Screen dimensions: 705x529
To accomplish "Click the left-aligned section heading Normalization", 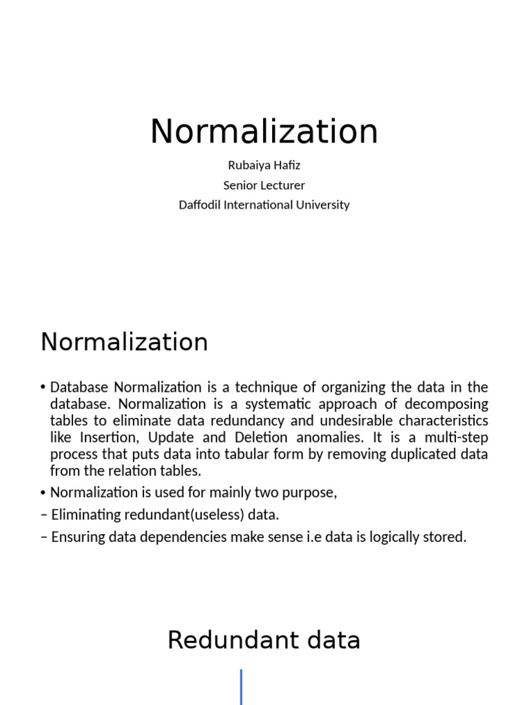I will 124,341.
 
